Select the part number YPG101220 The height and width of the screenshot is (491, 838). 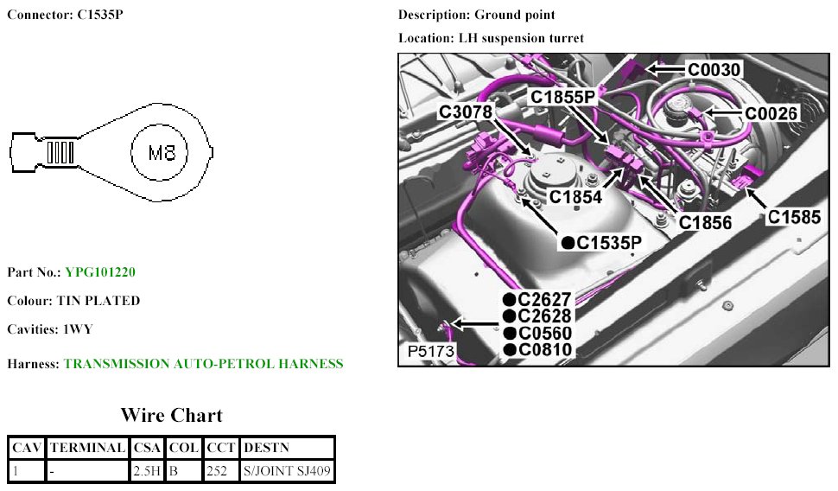click(x=100, y=272)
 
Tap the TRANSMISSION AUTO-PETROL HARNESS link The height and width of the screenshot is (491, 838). click(x=203, y=364)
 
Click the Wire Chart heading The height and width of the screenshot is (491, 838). click(x=171, y=415)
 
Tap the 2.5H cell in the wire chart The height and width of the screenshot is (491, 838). click(x=146, y=471)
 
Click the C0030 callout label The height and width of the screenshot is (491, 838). click(x=714, y=69)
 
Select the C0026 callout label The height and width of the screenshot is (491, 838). click(x=771, y=113)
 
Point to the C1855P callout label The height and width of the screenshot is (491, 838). click(x=563, y=98)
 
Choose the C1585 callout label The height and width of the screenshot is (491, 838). click(x=795, y=217)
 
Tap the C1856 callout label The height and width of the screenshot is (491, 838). click(x=705, y=223)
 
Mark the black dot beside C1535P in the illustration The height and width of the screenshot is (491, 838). click(x=568, y=243)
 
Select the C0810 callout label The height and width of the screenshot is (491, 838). click(x=544, y=349)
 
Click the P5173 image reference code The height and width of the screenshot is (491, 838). click(x=429, y=353)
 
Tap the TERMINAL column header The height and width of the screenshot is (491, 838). click(x=87, y=448)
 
